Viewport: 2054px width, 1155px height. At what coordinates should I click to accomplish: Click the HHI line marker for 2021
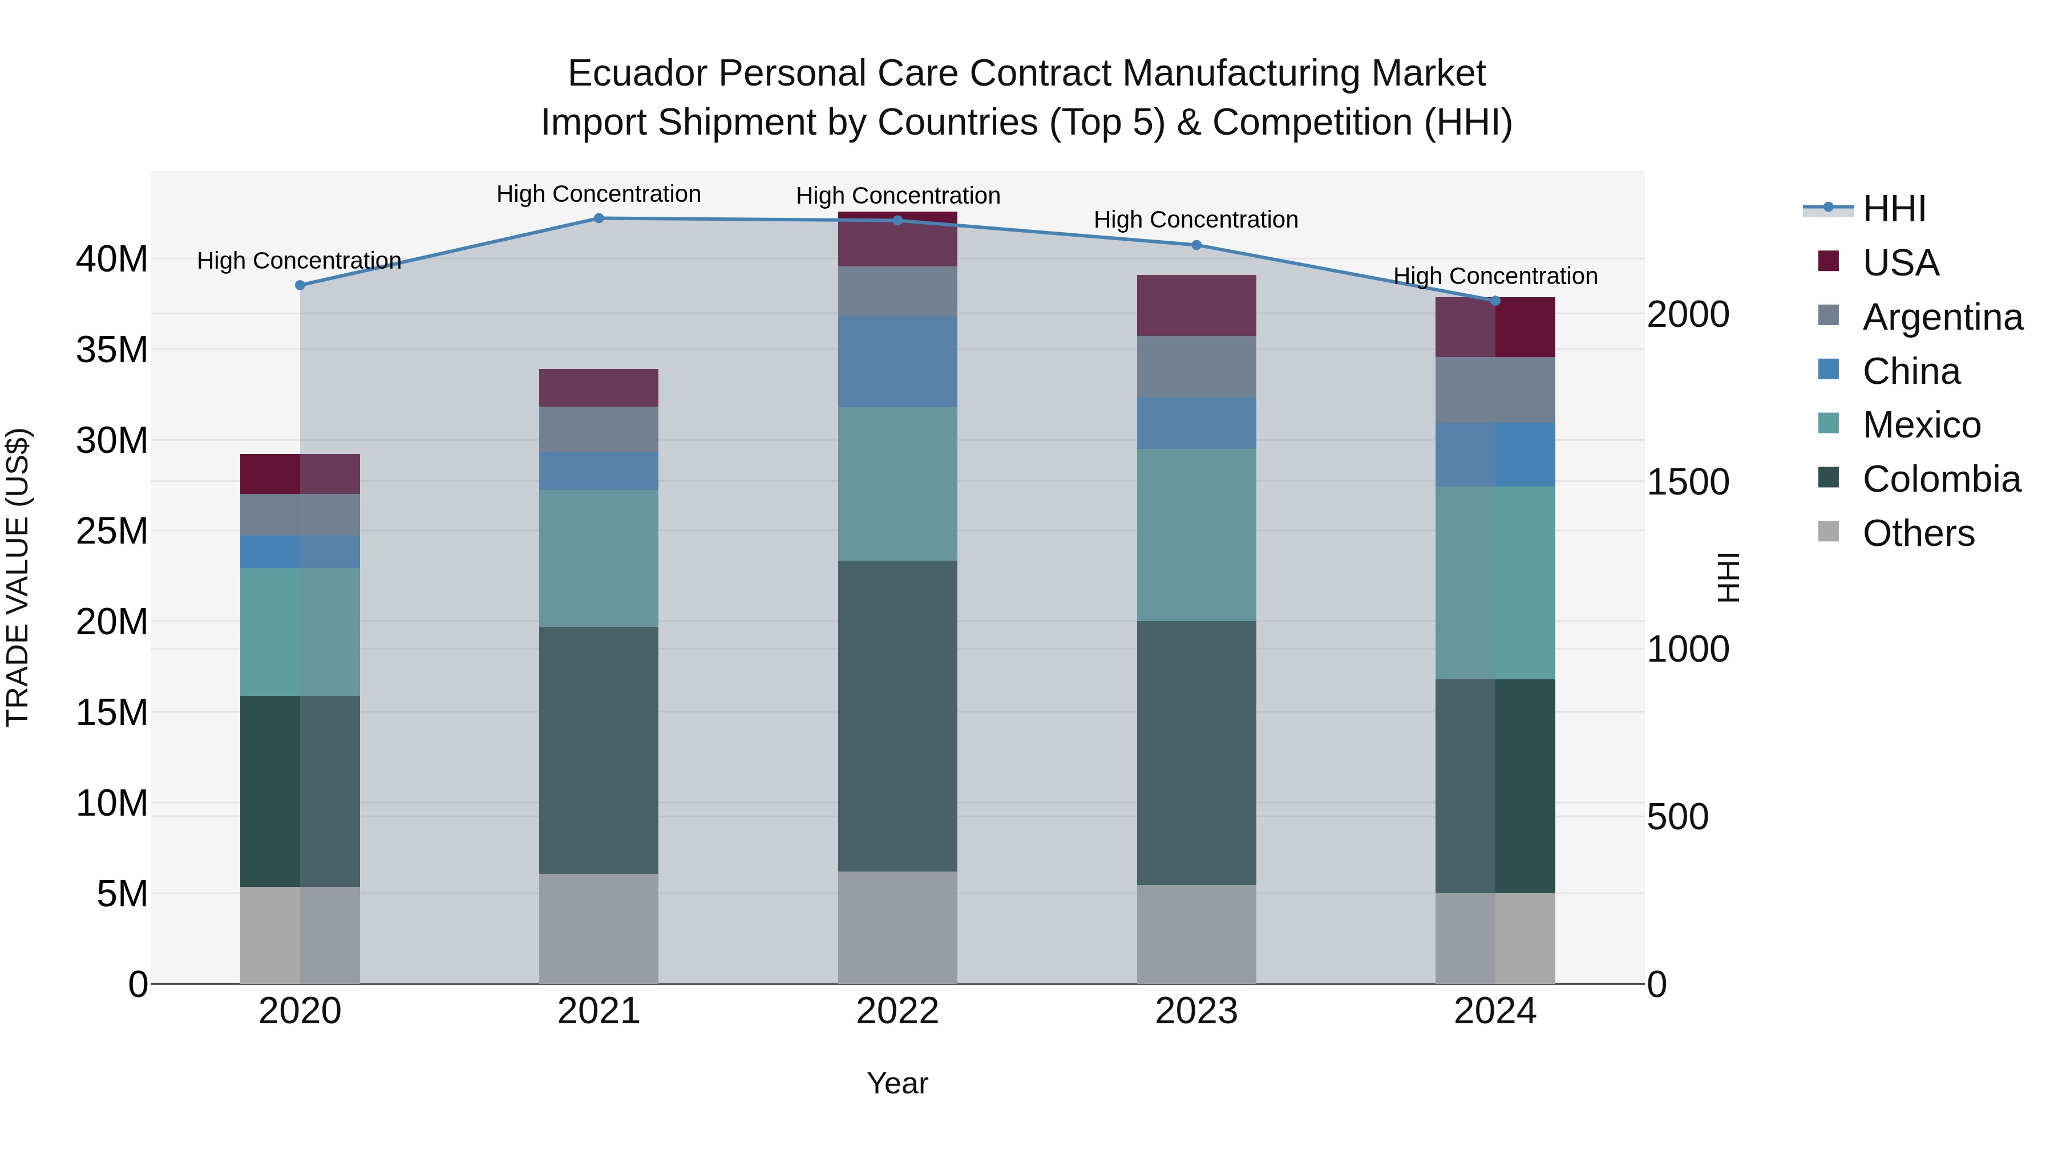599,218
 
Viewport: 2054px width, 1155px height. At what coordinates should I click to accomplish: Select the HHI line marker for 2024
1495,301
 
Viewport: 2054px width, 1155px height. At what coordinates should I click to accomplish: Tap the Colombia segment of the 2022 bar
897,716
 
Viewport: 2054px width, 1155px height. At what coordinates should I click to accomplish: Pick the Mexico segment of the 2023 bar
1196,535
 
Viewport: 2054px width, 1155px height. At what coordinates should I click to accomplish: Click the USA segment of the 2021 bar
599,388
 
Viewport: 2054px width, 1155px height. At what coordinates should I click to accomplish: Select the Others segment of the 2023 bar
1196,934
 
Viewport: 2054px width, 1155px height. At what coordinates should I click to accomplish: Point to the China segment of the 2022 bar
897,362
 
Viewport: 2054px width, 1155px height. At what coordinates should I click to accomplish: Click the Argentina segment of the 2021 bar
599,429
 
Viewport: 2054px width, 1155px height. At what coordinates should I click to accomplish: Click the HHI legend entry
1894,209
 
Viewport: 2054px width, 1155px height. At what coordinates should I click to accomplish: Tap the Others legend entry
1918,533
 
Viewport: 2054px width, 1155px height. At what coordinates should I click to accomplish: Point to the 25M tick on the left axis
112,531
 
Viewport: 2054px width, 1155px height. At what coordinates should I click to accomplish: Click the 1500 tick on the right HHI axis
1688,481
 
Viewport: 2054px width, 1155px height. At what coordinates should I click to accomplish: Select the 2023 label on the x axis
1196,1011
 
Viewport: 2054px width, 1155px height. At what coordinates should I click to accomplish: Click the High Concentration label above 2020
299,261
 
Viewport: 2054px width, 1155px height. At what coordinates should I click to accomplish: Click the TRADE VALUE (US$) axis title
18,577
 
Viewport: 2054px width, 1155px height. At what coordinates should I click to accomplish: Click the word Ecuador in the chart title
637,74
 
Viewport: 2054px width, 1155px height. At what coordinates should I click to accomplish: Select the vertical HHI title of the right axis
1727,577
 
